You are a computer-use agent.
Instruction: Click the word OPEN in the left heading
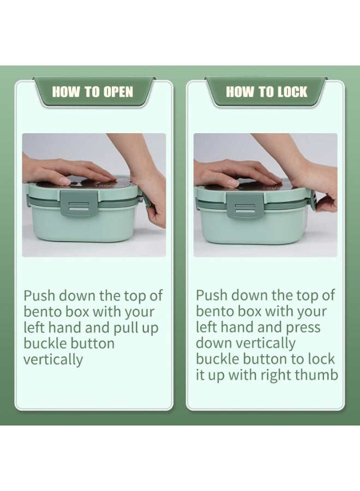click(x=118, y=92)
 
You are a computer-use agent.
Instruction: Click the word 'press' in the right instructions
click(x=303, y=328)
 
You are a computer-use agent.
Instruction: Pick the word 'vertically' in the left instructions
click(x=53, y=360)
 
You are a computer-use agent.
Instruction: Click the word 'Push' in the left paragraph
click(x=39, y=295)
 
